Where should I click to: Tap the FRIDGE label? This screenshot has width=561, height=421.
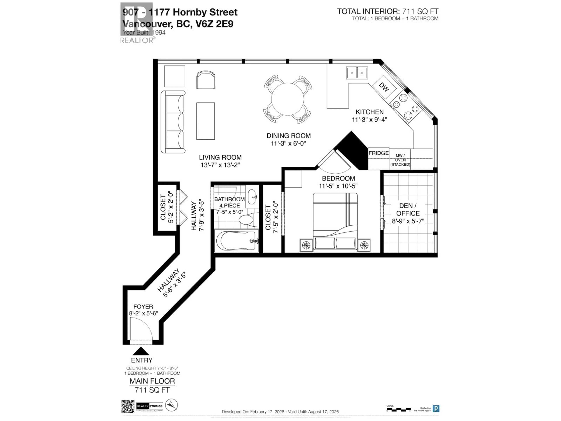pos(378,153)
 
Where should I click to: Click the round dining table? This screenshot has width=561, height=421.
pos(288,99)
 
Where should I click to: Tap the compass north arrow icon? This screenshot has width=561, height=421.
pos(172,405)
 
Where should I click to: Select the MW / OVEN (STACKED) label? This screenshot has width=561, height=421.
pos(400,160)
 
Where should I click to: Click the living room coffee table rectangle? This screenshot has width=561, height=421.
pos(205,121)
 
